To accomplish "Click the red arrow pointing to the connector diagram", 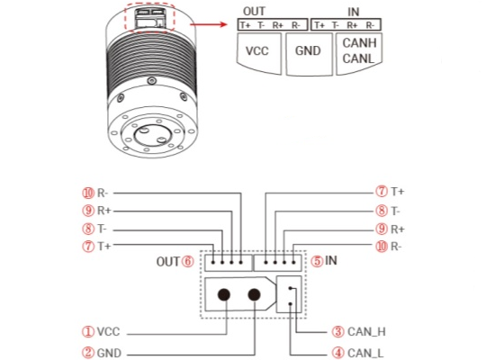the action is (209, 24).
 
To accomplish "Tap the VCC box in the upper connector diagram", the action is (258, 53).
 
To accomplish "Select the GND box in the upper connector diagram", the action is (309, 54).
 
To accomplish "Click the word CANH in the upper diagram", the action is (359, 43).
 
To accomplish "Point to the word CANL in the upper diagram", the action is (358, 58).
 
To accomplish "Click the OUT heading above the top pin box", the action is (254, 12).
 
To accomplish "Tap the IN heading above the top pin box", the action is (354, 12).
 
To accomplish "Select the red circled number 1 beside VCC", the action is (88, 331).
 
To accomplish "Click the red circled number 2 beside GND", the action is (88, 353).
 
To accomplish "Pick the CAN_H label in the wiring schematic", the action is (366, 331).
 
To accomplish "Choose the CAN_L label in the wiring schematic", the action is (365, 353).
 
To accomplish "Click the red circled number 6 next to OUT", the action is (188, 262).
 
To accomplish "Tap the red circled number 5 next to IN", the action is (318, 261).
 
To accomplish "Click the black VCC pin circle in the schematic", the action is (224, 295).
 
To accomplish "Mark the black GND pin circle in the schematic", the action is (254, 295).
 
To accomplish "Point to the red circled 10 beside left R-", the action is (88, 193).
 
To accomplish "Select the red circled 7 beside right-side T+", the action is (382, 192).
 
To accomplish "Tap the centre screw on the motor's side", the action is (152, 80).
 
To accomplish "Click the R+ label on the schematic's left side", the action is (103, 211).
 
